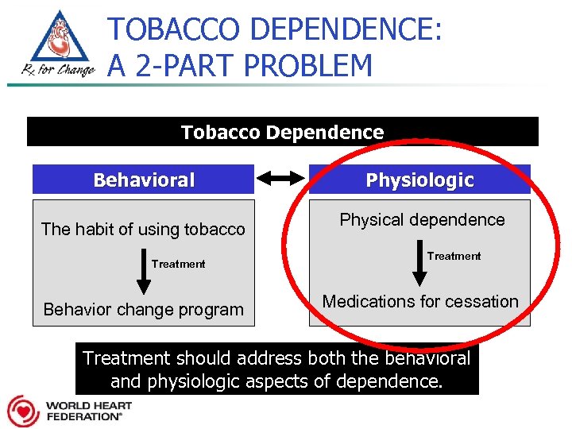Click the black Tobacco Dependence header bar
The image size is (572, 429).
coord(282,132)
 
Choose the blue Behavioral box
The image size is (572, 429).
coord(143,180)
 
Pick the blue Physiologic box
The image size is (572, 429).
coord(419,180)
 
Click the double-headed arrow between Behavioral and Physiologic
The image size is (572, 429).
coord(281,180)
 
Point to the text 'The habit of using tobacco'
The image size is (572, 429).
coord(143,230)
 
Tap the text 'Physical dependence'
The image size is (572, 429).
coord(422,220)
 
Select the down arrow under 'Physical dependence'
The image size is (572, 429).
coord(419,265)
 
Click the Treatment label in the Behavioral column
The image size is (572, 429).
coord(178,264)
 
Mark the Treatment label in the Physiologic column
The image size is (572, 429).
coord(454,256)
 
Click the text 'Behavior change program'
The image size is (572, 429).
coord(143,309)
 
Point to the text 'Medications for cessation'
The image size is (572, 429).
coord(419,301)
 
